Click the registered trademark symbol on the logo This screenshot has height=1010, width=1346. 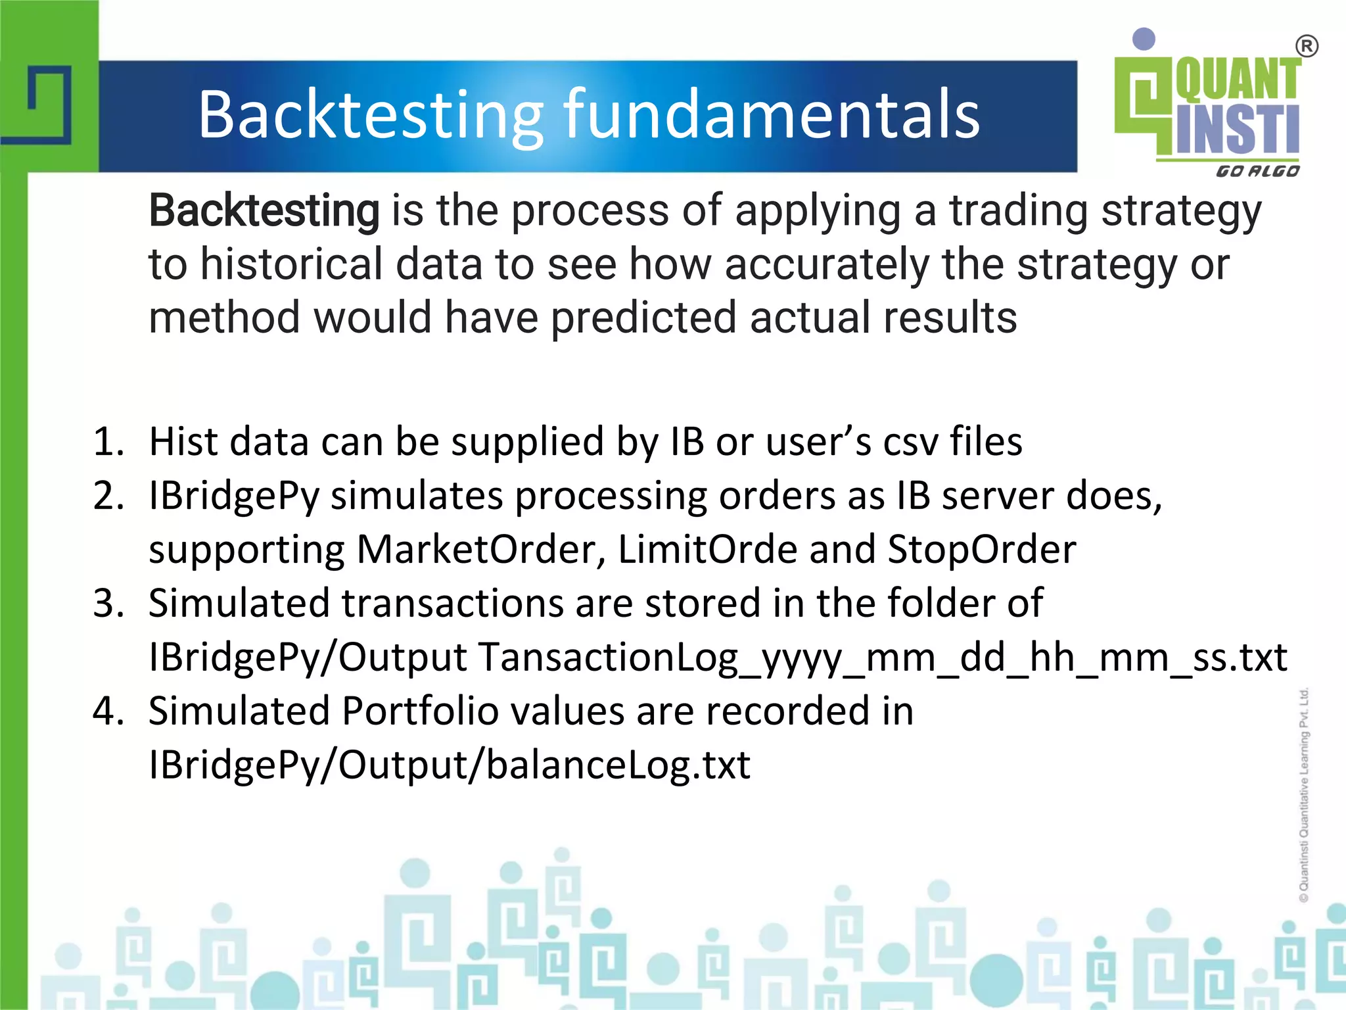point(1306,47)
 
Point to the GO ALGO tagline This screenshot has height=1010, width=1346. point(1257,172)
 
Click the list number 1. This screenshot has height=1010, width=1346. point(108,441)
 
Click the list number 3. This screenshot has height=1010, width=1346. point(108,603)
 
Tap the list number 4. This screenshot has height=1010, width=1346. point(108,711)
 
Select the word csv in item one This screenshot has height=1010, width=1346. point(911,441)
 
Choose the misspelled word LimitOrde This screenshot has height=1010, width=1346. point(707,549)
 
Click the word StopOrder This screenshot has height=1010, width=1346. point(982,549)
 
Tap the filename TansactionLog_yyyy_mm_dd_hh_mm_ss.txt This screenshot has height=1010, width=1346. point(883,657)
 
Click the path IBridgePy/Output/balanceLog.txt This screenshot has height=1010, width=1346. point(449,765)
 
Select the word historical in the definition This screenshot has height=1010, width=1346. point(292,264)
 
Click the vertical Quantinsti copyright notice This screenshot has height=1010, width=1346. point(1305,796)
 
